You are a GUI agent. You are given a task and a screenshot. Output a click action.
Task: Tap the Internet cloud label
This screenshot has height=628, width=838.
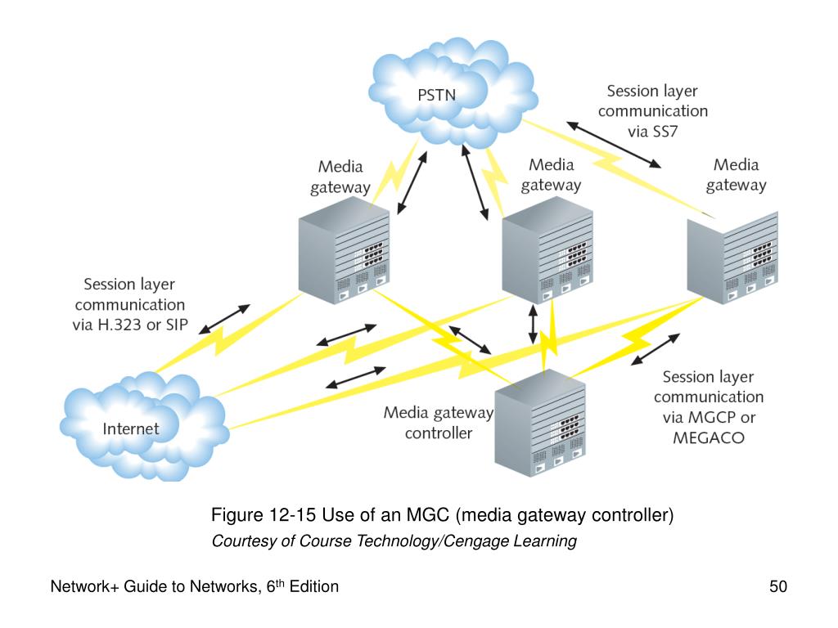coord(130,428)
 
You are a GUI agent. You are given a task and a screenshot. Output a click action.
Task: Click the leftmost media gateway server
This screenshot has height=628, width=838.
coord(342,253)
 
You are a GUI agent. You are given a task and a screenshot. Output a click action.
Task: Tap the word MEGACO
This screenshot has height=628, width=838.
coord(708,437)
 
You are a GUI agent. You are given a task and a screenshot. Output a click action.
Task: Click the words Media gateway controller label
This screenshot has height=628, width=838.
coord(439,423)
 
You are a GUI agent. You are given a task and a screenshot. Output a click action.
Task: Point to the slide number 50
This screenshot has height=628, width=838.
coord(777,586)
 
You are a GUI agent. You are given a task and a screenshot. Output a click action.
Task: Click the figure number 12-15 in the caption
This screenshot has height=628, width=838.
coord(293,516)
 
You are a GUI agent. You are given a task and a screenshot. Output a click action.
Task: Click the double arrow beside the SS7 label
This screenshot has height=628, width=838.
coord(615,145)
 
